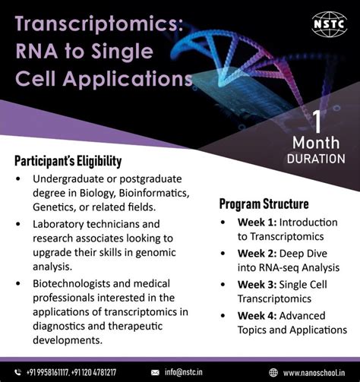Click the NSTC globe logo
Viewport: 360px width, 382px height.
coord(328,23)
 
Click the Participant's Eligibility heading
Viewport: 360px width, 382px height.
coord(68,161)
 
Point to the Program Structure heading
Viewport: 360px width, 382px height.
coord(264,204)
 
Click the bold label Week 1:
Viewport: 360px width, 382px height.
coord(257,223)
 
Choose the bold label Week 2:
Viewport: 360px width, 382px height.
coord(257,253)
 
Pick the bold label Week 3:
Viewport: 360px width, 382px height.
coord(257,284)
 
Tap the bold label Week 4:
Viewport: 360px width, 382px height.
coord(257,315)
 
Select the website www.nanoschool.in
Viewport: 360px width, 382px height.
coord(316,372)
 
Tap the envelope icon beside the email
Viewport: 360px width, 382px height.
coord(156,372)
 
